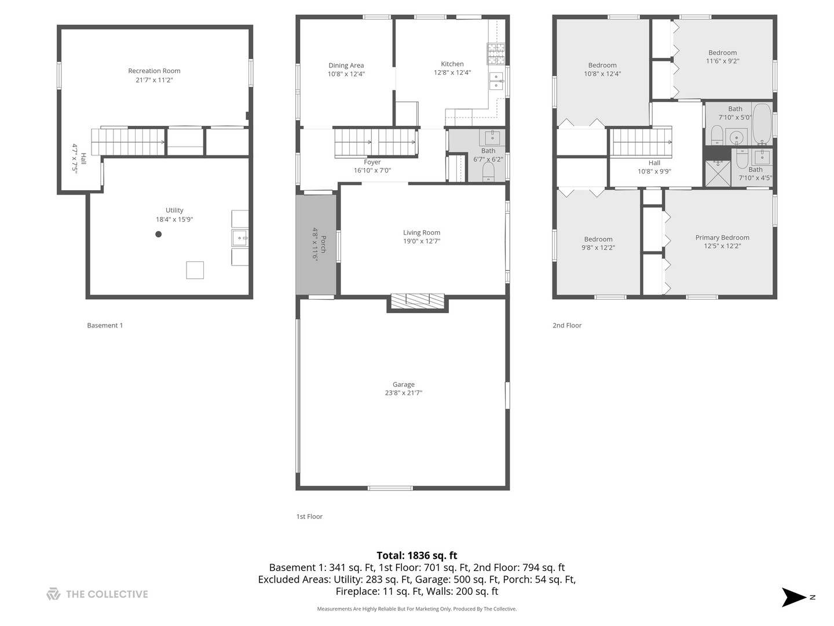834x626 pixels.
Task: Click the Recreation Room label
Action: pyautogui.click(x=154, y=71)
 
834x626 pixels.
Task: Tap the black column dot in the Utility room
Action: pyautogui.click(x=158, y=234)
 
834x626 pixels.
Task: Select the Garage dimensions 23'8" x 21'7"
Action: pyautogui.click(x=404, y=393)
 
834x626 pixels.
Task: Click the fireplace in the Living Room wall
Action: pyautogui.click(x=417, y=300)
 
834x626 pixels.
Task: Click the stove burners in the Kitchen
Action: pyautogui.click(x=496, y=53)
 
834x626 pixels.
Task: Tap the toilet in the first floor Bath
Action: pyautogui.click(x=488, y=172)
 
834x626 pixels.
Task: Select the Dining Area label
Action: pyautogui.click(x=346, y=65)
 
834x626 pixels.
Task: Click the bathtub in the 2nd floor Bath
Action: pyautogui.click(x=761, y=123)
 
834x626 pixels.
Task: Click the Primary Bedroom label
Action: pyautogui.click(x=722, y=238)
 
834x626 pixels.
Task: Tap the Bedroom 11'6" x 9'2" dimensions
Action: pyautogui.click(x=722, y=61)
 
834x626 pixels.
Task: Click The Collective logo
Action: pyautogui.click(x=97, y=594)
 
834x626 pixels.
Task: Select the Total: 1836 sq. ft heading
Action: pyautogui.click(x=417, y=555)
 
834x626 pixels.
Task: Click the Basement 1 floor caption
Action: pyautogui.click(x=105, y=325)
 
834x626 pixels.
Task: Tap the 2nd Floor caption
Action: pyautogui.click(x=566, y=325)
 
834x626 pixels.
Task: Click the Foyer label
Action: pyautogui.click(x=372, y=162)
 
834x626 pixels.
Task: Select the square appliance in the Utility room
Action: pyautogui.click(x=195, y=270)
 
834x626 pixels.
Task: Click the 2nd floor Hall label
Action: pyautogui.click(x=654, y=163)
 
